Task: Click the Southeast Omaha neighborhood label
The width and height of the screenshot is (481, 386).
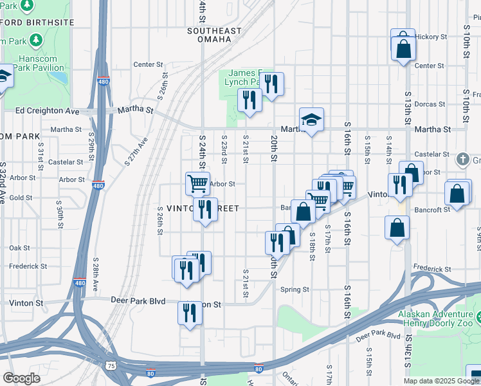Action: [x=214, y=35]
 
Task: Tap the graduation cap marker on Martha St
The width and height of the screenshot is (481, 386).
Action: [x=311, y=120]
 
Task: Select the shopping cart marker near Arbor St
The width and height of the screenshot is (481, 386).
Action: [x=197, y=183]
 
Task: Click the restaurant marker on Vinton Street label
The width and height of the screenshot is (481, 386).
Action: [x=205, y=210]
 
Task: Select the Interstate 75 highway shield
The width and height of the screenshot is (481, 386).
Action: [x=113, y=365]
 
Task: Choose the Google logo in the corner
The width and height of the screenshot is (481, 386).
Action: [x=21, y=378]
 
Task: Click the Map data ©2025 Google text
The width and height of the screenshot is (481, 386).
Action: [x=441, y=381]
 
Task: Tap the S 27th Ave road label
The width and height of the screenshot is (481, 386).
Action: [x=136, y=152]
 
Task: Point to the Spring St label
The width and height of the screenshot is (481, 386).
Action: [x=295, y=289]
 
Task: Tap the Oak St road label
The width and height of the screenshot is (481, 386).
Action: [x=19, y=248]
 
